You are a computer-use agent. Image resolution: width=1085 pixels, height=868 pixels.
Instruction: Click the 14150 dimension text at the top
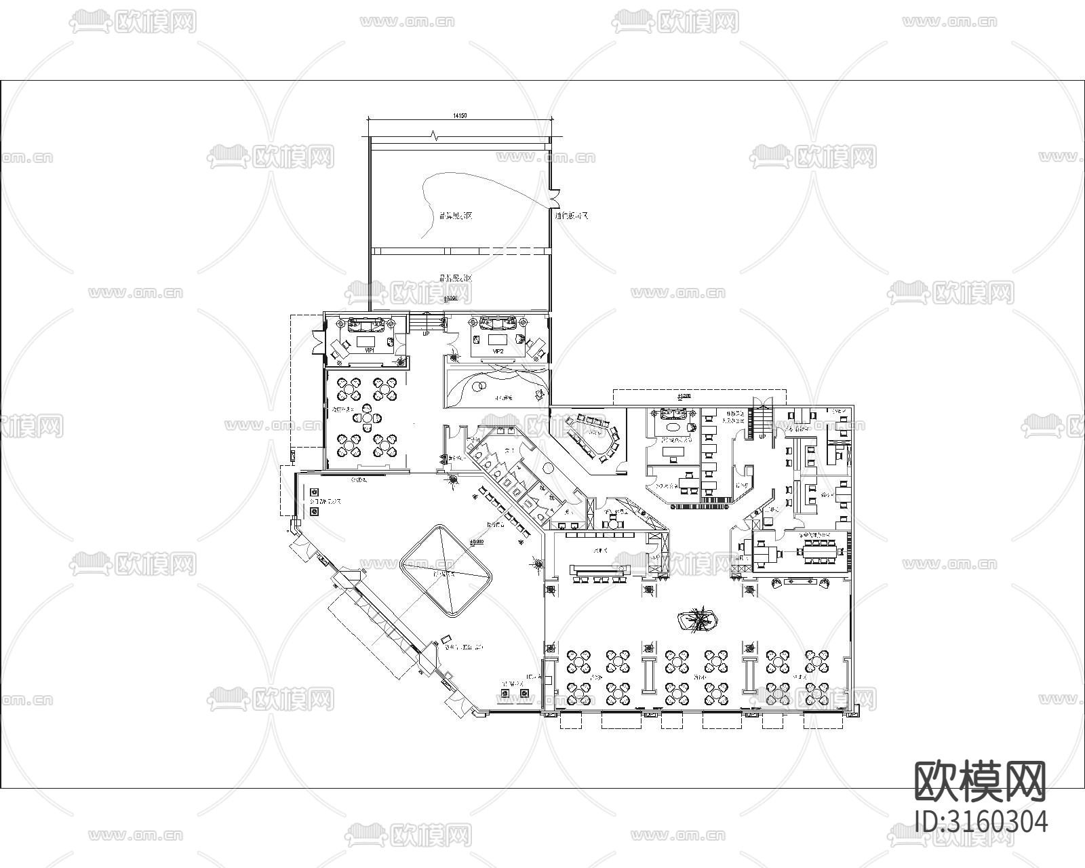pos(460,116)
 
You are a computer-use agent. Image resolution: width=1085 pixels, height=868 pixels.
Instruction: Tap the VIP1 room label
pos(370,351)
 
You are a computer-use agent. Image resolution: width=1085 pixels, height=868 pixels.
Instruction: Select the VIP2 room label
pos(498,351)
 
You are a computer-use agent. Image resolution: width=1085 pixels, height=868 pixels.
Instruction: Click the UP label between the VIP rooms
pos(426,334)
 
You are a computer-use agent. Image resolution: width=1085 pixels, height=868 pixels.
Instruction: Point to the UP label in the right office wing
pos(762,437)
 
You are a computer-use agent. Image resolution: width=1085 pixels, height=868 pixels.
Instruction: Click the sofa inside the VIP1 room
pos(369,323)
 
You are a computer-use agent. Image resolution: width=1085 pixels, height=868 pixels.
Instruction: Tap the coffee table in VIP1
pos(369,339)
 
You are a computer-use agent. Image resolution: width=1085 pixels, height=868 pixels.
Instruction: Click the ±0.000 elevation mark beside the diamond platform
pos(476,542)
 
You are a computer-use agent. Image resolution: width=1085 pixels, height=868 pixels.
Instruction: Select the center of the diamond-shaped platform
pos(446,570)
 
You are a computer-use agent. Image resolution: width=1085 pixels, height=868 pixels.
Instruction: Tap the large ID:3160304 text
pos(981,821)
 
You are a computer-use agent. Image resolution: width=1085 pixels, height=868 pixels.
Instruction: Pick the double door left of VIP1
pos(317,341)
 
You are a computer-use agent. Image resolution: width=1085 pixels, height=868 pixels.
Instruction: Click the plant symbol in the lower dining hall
pos(699,619)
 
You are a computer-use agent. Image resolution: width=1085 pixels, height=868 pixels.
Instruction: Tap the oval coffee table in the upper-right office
pos(673,428)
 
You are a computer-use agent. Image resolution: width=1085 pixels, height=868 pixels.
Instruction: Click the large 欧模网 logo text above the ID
pos(981,781)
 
